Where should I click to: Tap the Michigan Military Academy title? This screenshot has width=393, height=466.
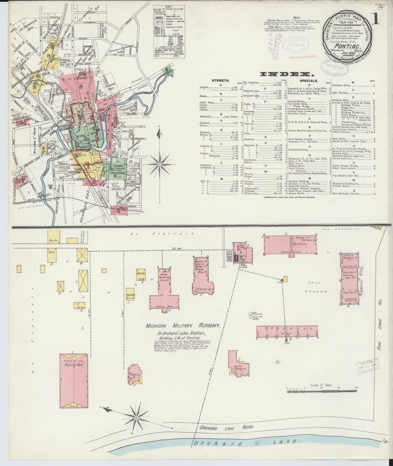(x=182, y=325)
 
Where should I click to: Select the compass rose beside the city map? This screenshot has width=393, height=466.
(x=160, y=165)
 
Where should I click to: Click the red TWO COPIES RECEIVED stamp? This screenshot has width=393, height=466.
(x=302, y=57)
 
